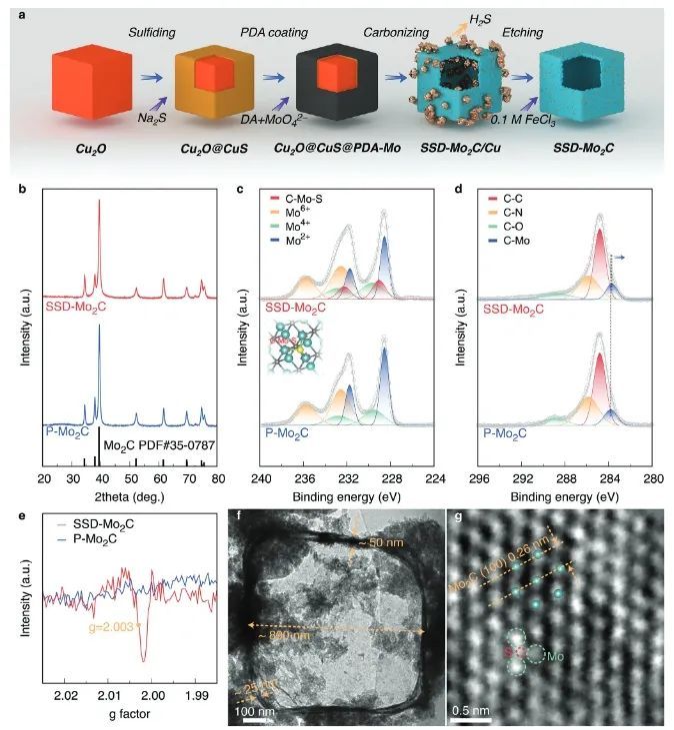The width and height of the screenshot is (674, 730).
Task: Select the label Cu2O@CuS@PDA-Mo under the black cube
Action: (x=337, y=148)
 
